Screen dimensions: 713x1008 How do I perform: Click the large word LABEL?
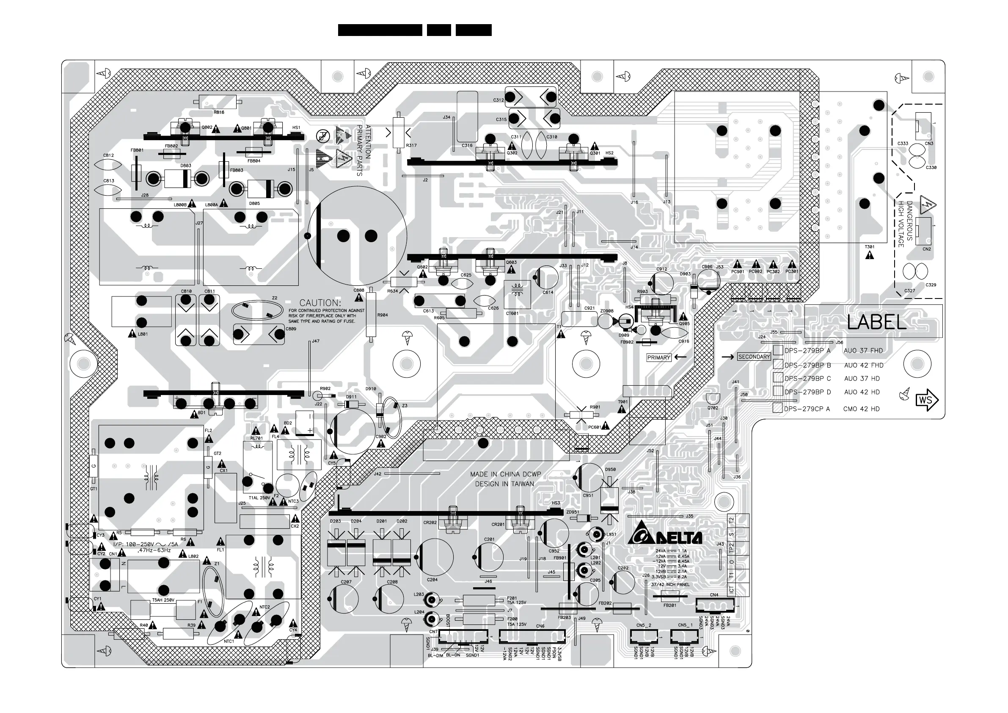coord(876,323)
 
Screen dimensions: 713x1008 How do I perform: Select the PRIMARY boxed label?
coord(658,358)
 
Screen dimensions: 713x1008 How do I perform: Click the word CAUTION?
coord(320,303)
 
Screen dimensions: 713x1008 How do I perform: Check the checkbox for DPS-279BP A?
coord(778,350)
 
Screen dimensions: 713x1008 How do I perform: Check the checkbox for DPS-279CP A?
coord(777,408)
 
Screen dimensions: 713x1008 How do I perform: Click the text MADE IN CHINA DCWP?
coord(505,475)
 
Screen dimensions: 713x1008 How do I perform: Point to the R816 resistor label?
coord(219,113)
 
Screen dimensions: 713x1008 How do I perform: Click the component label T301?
coord(870,247)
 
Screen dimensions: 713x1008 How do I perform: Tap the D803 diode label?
coord(186,166)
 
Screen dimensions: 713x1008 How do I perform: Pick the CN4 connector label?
coord(714,595)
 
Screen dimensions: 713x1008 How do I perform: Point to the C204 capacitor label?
coord(432,580)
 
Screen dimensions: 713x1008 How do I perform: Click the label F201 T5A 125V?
coord(516,600)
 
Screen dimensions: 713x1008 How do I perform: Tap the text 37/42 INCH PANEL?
coord(670,585)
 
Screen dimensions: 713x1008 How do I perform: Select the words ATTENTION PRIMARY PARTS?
coord(364,150)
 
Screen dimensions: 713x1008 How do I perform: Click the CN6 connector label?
coord(540,627)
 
